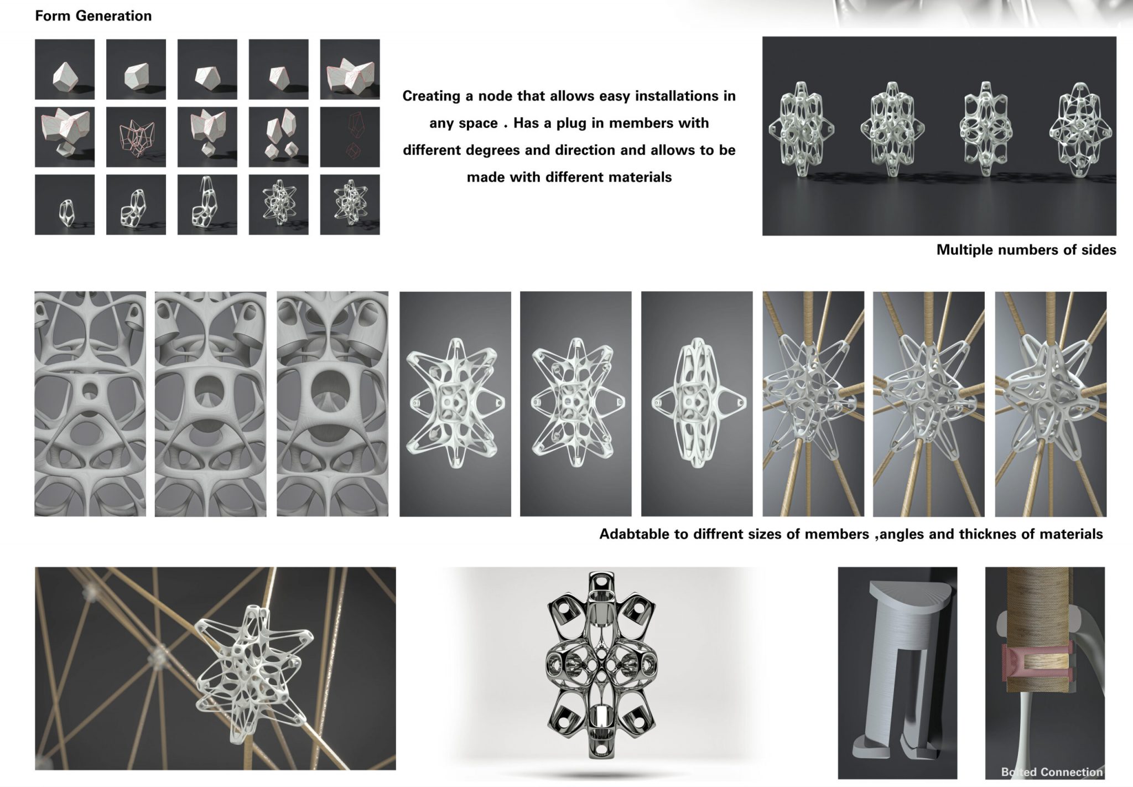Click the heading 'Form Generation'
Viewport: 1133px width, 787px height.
point(93,16)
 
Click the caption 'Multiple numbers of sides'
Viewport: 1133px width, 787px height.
point(1026,250)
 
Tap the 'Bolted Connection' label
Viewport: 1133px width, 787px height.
point(1052,772)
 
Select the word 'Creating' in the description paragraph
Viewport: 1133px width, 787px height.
point(432,96)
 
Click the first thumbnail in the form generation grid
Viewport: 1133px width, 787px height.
point(65,69)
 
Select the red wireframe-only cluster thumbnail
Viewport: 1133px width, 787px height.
point(136,137)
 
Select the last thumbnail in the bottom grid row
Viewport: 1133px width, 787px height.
point(350,205)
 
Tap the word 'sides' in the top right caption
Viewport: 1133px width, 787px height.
point(1097,250)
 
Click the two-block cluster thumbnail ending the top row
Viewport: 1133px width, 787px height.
point(350,69)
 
